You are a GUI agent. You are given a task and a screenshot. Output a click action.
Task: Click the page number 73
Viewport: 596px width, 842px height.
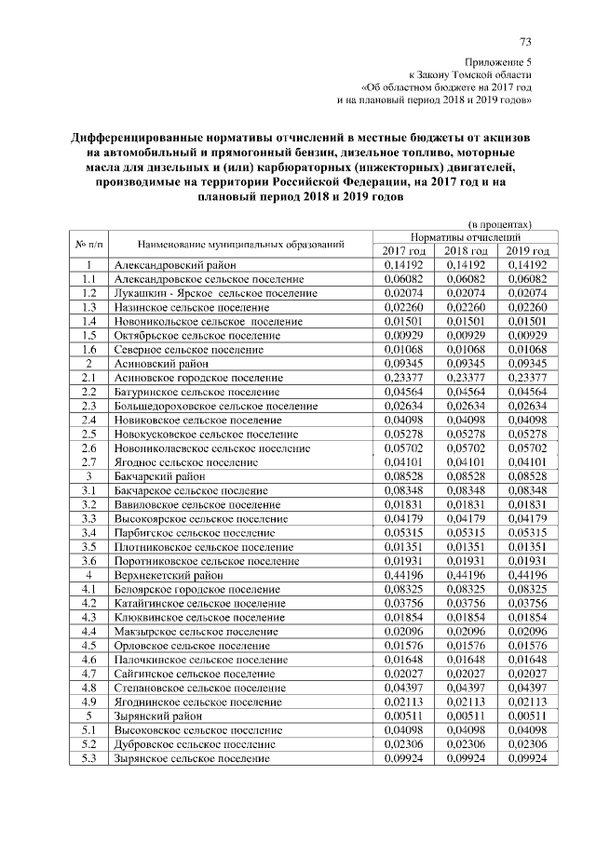pyautogui.click(x=525, y=41)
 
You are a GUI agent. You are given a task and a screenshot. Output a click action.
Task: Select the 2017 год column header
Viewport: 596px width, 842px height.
pyautogui.click(x=404, y=251)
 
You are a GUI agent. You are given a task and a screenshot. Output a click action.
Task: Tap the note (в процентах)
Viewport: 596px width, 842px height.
pyautogui.click(x=499, y=224)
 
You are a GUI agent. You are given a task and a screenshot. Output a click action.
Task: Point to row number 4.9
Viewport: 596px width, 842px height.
pyautogui.click(x=88, y=702)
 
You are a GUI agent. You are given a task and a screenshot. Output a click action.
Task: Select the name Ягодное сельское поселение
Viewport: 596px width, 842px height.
pyautogui.click(x=186, y=462)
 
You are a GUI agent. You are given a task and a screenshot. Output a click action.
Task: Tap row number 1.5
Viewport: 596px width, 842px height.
pyautogui.click(x=88, y=335)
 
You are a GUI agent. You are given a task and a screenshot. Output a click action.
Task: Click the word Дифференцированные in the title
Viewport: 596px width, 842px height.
pyautogui.click(x=149, y=138)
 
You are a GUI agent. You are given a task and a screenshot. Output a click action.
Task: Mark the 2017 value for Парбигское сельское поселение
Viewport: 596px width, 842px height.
pyautogui.click(x=404, y=533)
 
